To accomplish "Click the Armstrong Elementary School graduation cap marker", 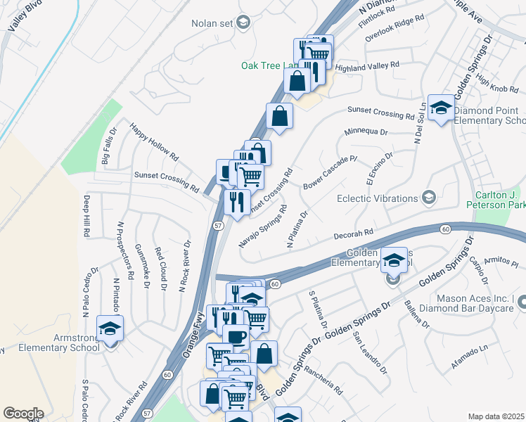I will click(110, 329).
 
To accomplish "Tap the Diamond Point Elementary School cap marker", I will click(441, 108).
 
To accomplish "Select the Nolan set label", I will click(212, 23).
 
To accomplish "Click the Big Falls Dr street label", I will click(110, 146).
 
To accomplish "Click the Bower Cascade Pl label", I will click(330, 172).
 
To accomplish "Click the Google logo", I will click(23, 414).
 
